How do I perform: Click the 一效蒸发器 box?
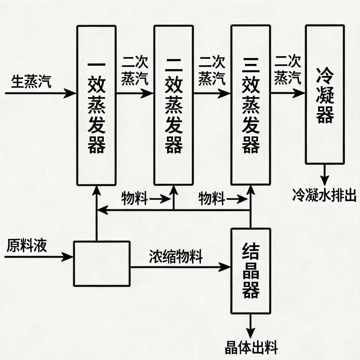pyautogui.click(x=96, y=105)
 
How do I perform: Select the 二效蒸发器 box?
pyautogui.click(x=173, y=105)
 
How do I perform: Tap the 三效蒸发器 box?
pyautogui.click(x=251, y=105)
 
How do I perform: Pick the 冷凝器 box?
pyautogui.click(x=324, y=94)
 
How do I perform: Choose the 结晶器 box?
pyautogui.click(x=251, y=271)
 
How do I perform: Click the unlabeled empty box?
pyautogui.click(x=102, y=263)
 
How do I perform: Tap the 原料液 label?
pyautogui.click(x=26, y=245)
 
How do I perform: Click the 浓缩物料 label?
pyautogui.click(x=176, y=257)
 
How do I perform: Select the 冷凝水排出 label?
pyautogui.click(x=324, y=194)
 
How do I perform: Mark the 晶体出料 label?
pyautogui.click(x=251, y=348)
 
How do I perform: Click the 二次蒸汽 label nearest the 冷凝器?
pyautogui.click(x=288, y=71)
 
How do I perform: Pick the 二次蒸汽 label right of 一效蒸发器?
pyautogui.click(x=135, y=71)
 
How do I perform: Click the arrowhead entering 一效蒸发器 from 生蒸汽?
pyautogui.click(x=72, y=93)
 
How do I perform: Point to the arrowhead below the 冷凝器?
pyautogui.click(x=324, y=177)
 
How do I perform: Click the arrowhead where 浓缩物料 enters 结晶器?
pyautogui.click(x=226, y=267)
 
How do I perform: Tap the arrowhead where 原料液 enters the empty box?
pyautogui.click(x=69, y=257)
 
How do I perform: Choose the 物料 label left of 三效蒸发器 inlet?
pyautogui.click(x=212, y=199)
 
